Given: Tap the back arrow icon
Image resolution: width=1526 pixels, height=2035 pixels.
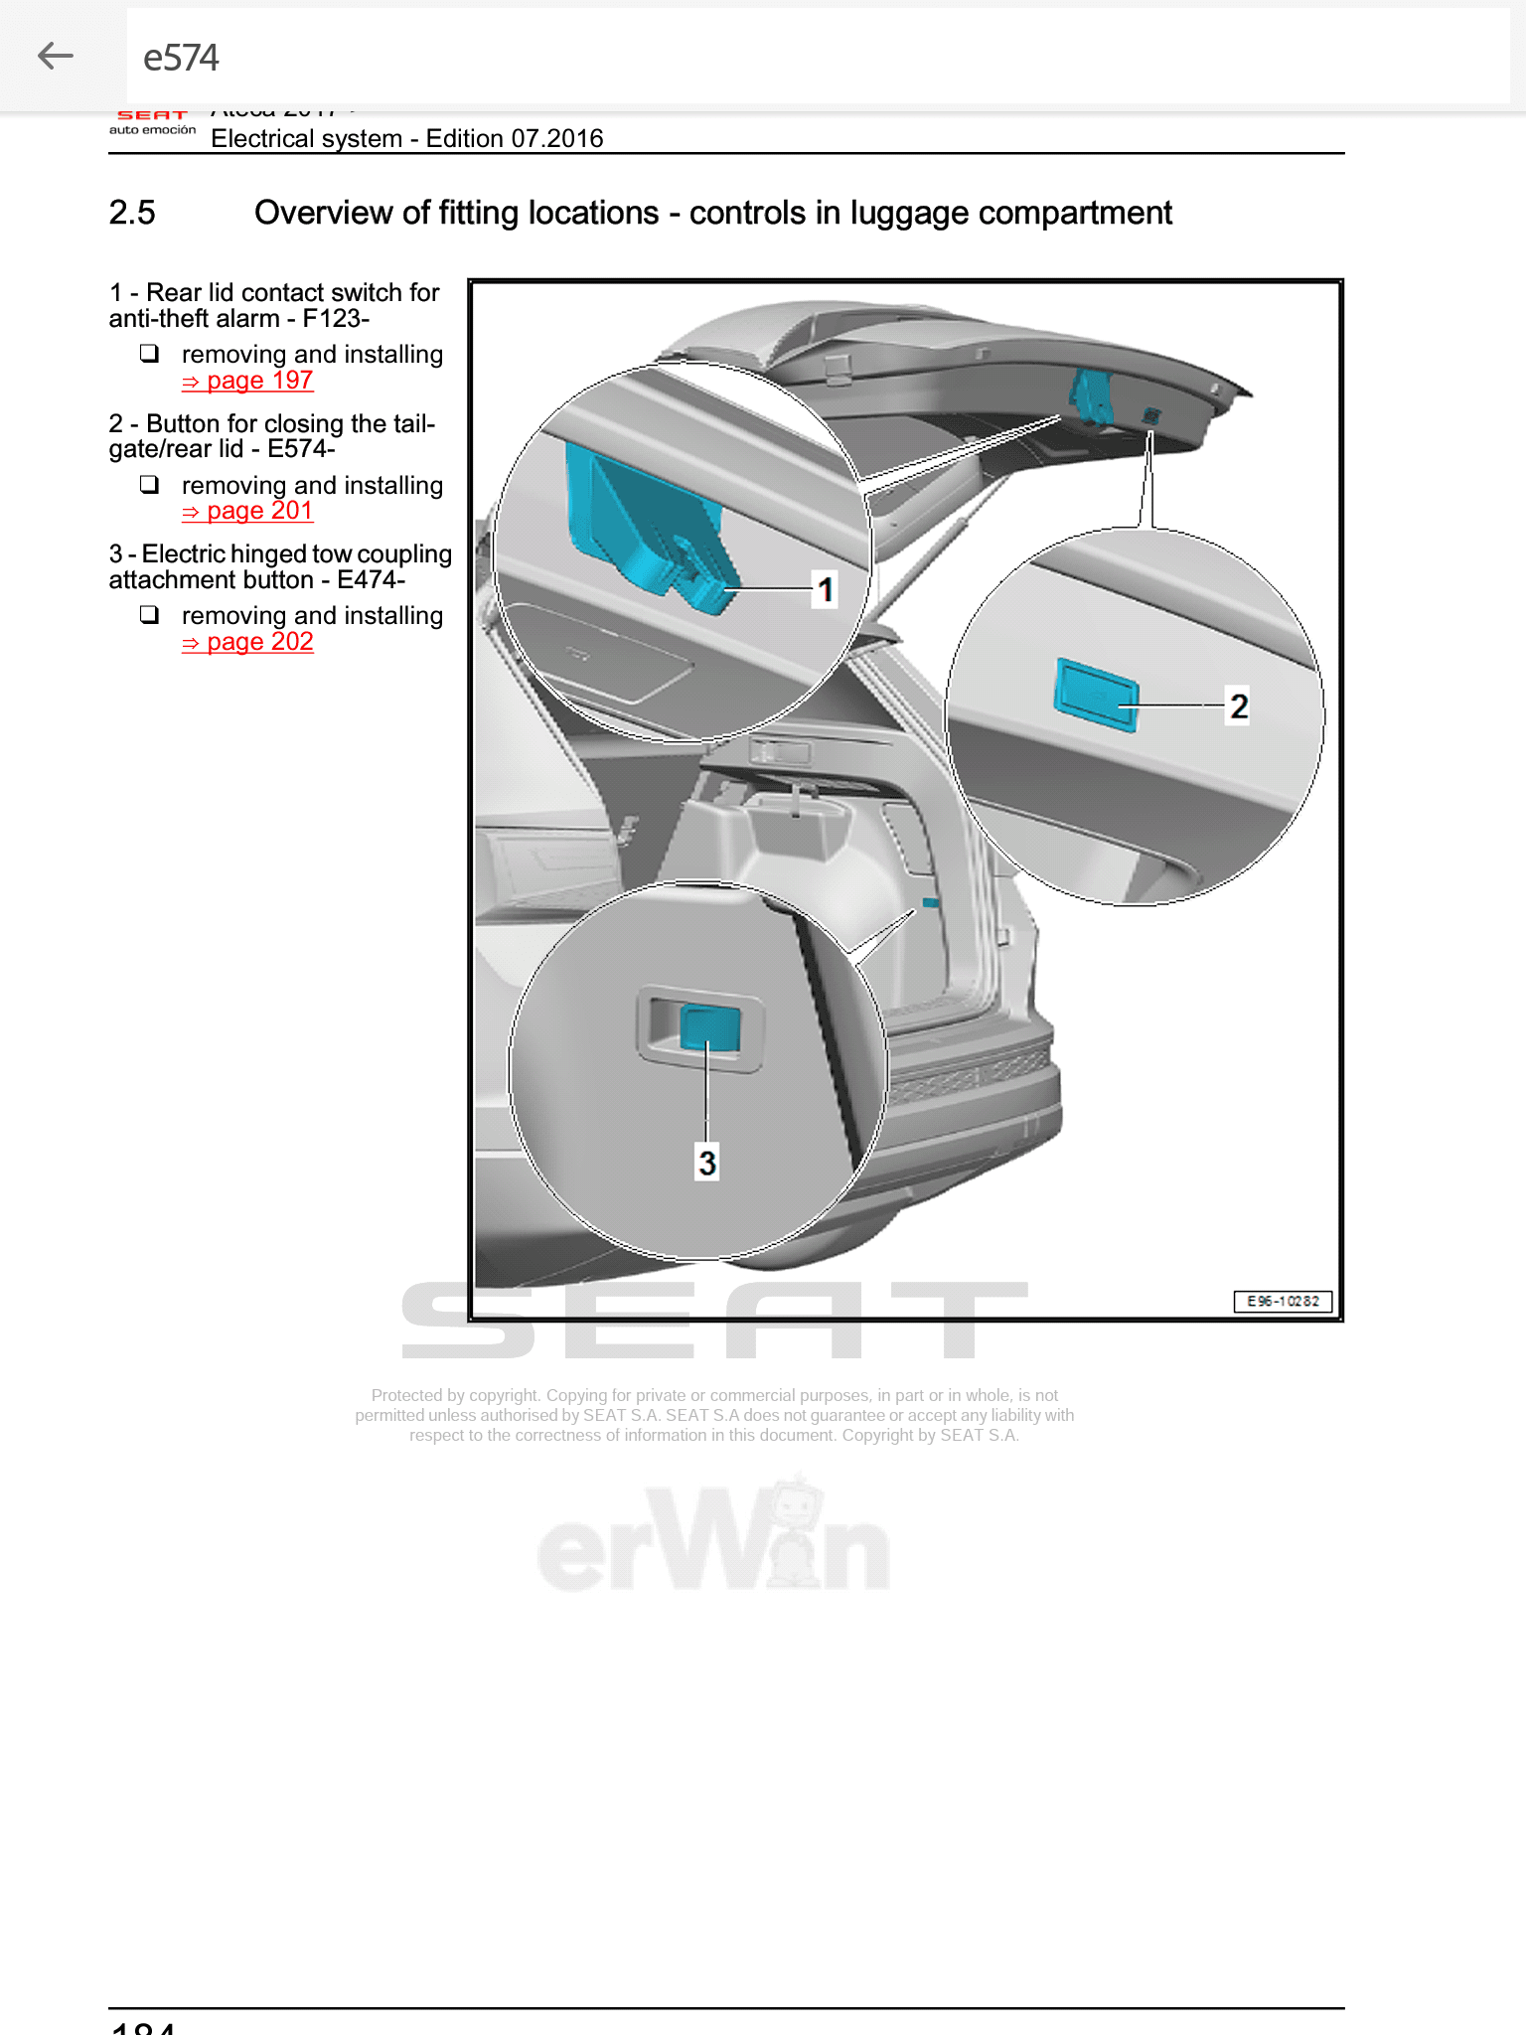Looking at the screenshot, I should click(x=56, y=57).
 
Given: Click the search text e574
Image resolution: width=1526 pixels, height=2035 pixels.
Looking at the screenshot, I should click(x=181, y=58).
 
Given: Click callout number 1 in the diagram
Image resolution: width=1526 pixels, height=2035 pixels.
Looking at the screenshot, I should click(x=825, y=589).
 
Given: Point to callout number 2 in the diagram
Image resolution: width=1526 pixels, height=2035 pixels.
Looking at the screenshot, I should click(x=1238, y=705).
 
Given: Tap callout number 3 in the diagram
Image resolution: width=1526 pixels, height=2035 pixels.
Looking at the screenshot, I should click(x=706, y=1162).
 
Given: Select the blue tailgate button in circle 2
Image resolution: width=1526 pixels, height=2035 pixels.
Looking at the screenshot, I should click(x=1095, y=694).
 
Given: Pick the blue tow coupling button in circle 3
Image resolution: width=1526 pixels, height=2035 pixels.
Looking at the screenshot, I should click(x=710, y=1028).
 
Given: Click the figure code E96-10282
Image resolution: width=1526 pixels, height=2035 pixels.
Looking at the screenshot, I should click(x=1283, y=1301).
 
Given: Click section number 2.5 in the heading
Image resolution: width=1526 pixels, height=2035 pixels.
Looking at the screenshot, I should click(x=132, y=213).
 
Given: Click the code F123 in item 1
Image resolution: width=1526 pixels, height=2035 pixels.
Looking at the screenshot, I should click(x=335, y=319).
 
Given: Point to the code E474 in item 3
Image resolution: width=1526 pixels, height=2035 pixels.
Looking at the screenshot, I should click(x=370, y=580).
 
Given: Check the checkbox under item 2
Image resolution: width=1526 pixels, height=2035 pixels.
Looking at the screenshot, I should click(x=149, y=484).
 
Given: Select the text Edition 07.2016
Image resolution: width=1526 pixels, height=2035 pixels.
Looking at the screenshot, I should click(x=514, y=138).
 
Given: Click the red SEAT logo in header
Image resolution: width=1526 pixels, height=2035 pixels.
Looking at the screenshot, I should click(x=152, y=116).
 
